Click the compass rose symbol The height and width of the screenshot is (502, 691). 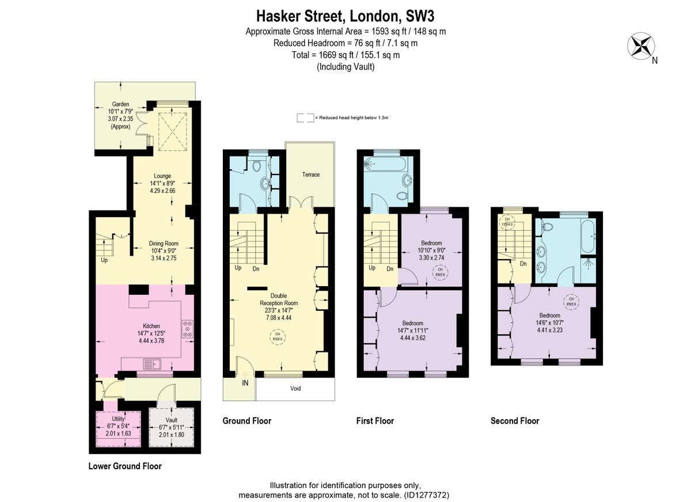[x=640, y=46]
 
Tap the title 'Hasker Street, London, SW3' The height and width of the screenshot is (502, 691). [x=345, y=14]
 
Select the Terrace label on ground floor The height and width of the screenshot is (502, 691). [x=311, y=174]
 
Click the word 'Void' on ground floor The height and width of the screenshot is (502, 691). [x=295, y=389]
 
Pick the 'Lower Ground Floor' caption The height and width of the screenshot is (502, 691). [x=125, y=466]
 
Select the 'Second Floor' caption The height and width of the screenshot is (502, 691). [x=514, y=421]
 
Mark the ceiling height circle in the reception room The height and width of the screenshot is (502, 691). [x=277, y=336]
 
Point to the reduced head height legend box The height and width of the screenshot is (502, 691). [x=305, y=117]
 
